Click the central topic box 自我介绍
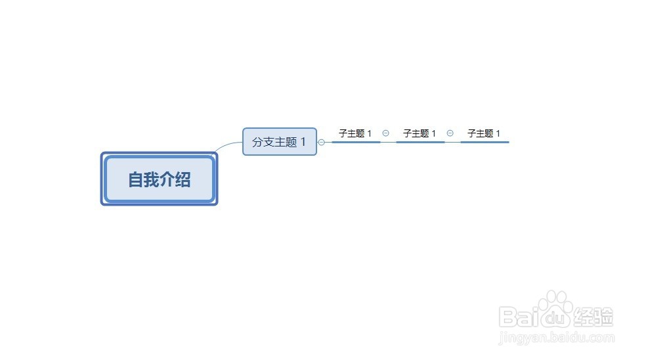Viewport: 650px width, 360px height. click(x=159, y=179)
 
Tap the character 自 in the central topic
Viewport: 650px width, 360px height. click(x=135, y=179)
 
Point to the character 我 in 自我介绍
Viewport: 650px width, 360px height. click(x=151, y=179)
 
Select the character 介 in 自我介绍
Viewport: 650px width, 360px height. click(x=167, y=179)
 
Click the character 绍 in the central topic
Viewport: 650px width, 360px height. click(x=183, y=179)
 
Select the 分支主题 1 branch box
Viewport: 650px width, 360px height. click(x=280, y=142)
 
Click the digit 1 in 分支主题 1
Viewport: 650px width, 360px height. click(x=303, y=142)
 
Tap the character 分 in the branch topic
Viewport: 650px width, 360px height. click(x=257, y=142)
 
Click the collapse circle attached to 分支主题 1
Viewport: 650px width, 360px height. click(x=322, y=142)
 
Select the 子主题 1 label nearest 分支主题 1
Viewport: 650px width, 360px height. click(x=355, y=133)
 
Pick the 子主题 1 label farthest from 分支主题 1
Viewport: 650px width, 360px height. click(x=484, y=133)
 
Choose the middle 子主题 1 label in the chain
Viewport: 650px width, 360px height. click(x=420, y=133)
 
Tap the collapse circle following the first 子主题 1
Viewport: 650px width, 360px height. click(x=385, y=133)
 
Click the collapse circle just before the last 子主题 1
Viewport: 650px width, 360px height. click(x=450, y=133)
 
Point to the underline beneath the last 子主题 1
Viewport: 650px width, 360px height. click(x=485, y=141)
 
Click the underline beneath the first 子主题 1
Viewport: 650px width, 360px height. click(x=356, y=141)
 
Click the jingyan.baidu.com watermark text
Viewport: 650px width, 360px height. click(x=557, y=338)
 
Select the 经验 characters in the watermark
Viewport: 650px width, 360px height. click(x=594, y=317)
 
